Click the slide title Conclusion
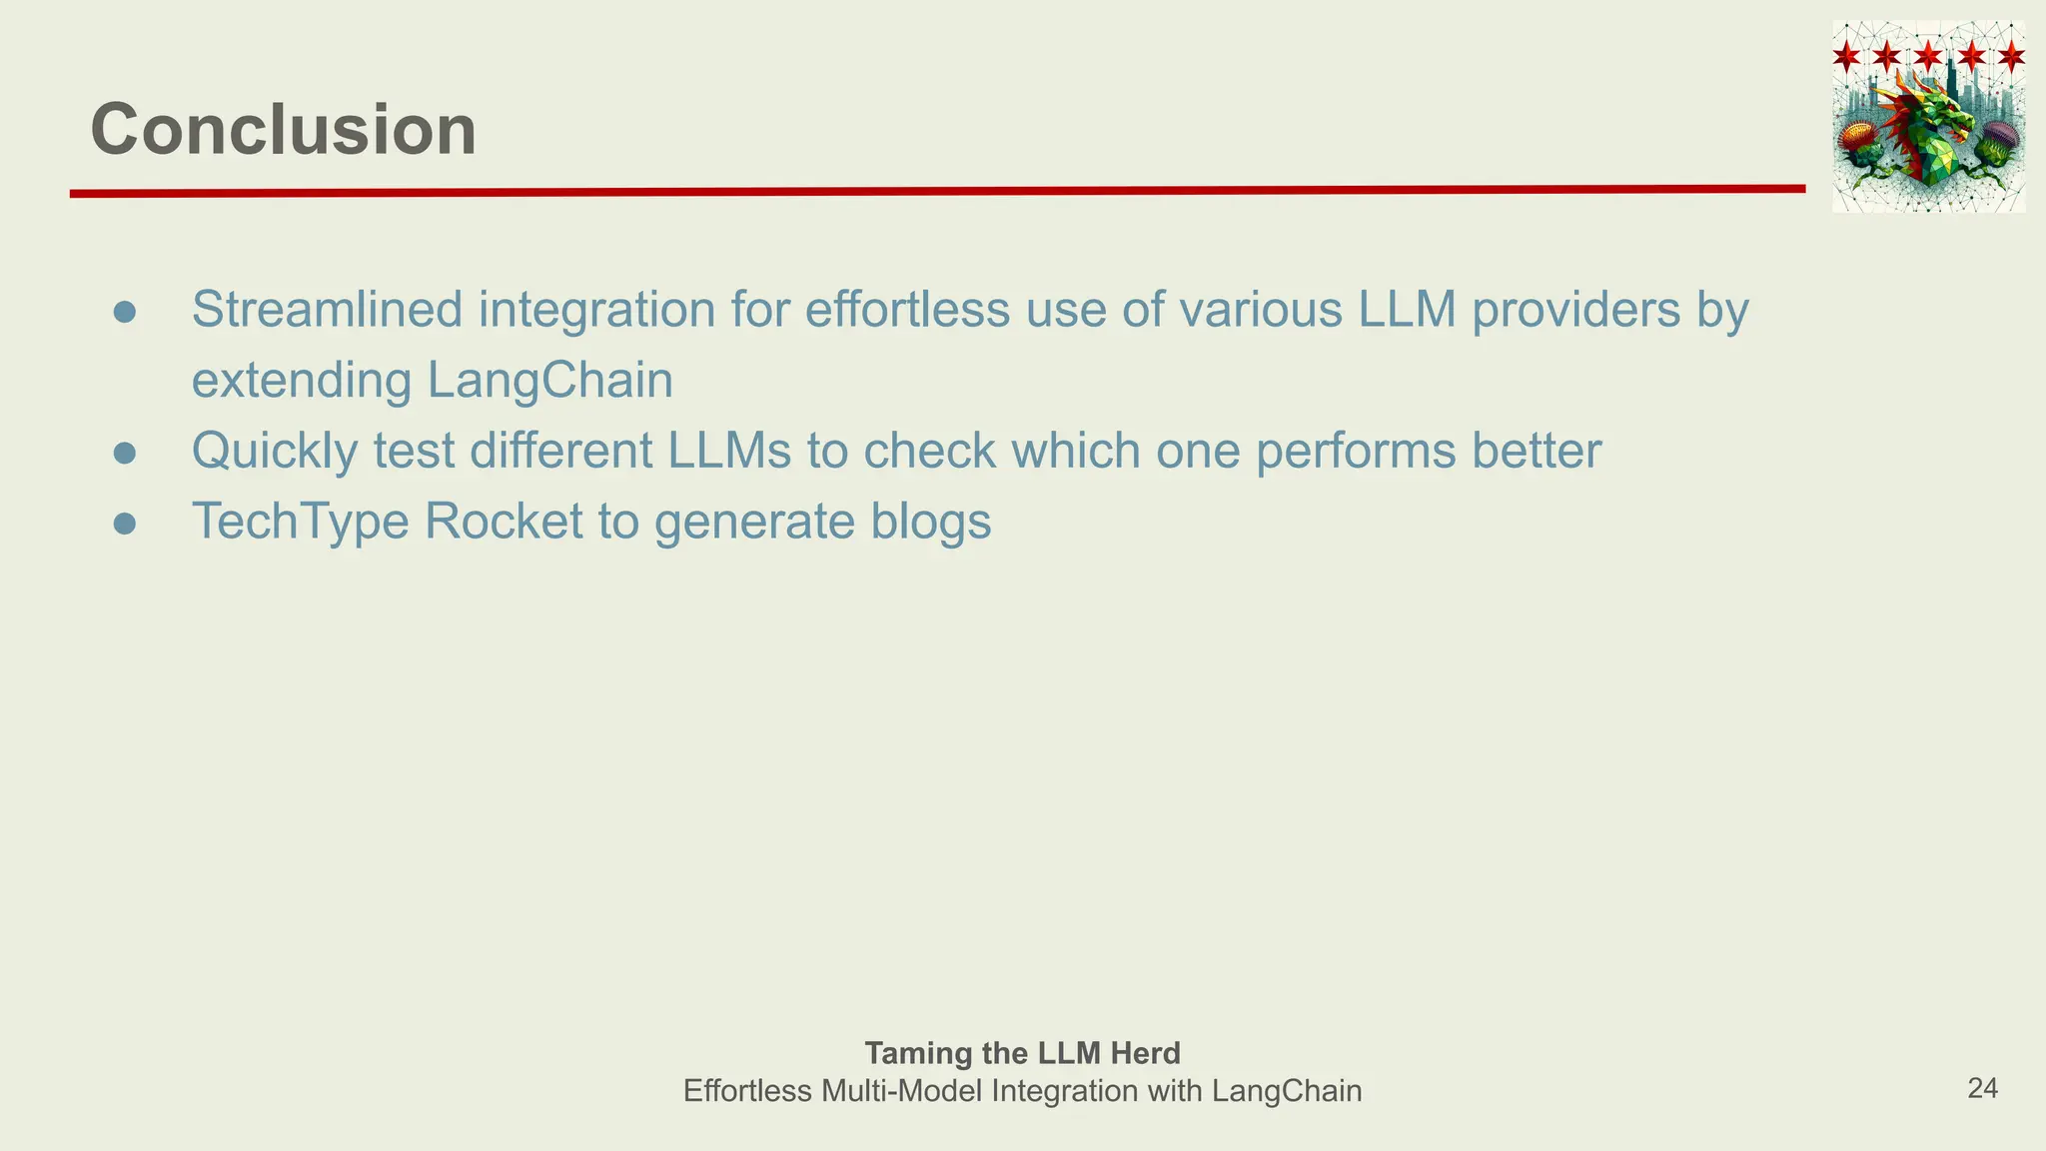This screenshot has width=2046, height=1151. tap(284, 130)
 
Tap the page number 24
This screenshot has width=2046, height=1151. tap(1982, 1089)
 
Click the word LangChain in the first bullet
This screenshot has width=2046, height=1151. tap(550, 381)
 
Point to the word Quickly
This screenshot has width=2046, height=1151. tap(274, 452)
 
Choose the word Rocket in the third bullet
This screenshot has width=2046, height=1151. tap(504, 522)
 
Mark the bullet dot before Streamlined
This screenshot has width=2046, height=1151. tap(125, 313)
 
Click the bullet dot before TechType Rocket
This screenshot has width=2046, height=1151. tap(125, 525)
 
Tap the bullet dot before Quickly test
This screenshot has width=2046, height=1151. tap(125, 454)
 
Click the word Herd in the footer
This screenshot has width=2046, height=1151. tap(1149, 1053)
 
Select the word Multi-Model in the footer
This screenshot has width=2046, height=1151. tap(901, 1091)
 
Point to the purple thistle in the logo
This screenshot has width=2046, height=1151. tap(2000, 140)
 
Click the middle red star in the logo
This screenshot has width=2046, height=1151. tap(1929, 55)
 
